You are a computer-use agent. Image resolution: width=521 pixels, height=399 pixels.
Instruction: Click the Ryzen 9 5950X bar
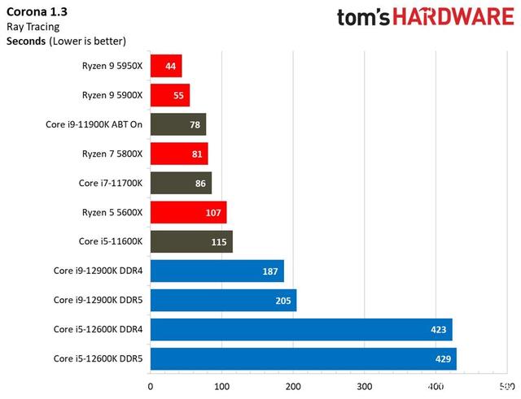click(x=166, y=66)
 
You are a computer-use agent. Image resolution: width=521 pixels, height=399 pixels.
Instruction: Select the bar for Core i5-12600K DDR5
click(x=303, y=358)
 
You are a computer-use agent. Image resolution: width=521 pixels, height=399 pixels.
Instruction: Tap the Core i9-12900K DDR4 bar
click(x=217, y=271)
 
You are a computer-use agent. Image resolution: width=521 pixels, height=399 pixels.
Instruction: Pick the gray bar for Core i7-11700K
click(x=181, y=183)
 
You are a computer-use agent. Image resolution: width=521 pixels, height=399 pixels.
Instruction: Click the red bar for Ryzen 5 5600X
click(x=188, y=212)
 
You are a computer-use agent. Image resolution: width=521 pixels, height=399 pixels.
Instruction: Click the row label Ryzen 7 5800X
click(x=112, y=154)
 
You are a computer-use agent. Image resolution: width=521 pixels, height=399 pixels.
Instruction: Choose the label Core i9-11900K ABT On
click(x=94, y=124)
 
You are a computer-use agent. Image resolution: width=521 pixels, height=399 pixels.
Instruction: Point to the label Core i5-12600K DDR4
click(x=99, y=329)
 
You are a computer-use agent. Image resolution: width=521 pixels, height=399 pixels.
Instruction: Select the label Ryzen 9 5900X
click(x=112, y=95)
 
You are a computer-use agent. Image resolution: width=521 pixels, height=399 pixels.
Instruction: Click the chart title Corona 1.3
click(x=37, y=12)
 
